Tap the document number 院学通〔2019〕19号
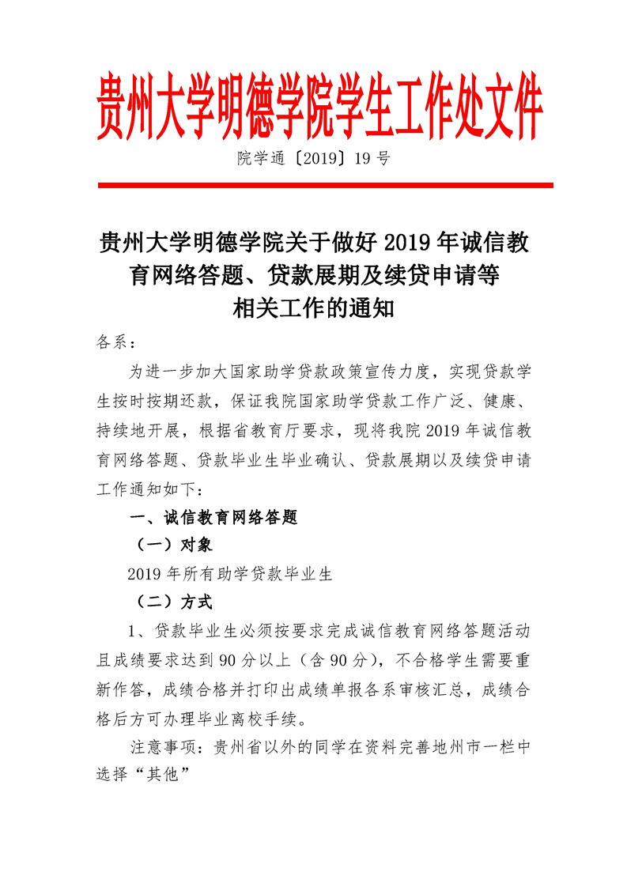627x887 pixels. click(313, 158)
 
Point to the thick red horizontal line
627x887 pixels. click(325, 186)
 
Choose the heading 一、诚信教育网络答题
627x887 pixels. click(213, 518)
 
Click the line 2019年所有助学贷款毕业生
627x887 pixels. click(230, 575)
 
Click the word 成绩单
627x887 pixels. click(332, 689)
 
